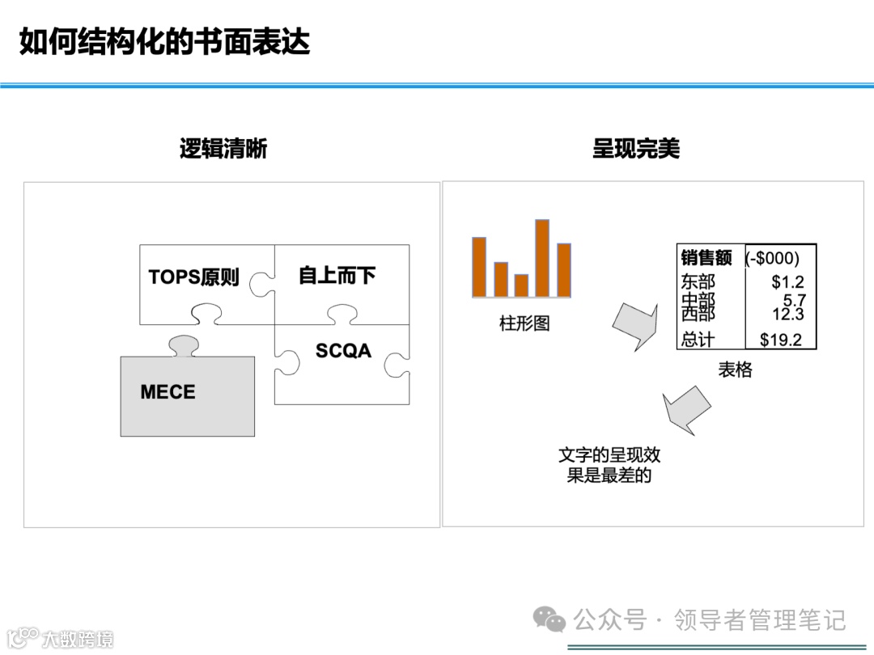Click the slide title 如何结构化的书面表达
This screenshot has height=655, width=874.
(x=164, y=42)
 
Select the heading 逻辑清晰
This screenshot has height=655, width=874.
(x=223, y=149)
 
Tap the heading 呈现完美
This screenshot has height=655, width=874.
(x=636, y=149)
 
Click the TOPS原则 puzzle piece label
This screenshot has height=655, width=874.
(x=194, y=277)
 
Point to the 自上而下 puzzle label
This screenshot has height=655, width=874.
(x=337, y=276)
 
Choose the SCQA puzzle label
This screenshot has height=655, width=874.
(x=343, y=351)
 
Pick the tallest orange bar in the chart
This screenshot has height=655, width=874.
(x=542, y=258)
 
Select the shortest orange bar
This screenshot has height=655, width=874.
(x=521, y=285)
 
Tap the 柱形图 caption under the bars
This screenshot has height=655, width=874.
(x=524, y=324)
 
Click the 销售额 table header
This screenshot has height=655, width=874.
(x=706, y=258)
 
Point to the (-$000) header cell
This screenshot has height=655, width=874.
(x=772, y=258)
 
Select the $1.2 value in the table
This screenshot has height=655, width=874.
(x=787, y=282)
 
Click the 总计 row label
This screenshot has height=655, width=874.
(x=698, y=340)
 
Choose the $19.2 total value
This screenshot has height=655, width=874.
(x=781, y=340)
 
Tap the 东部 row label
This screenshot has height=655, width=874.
(x=698, y=282)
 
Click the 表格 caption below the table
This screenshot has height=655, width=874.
(x=735, y=370)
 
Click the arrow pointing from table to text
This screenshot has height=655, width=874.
(x=686, y=409)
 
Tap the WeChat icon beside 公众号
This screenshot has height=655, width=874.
(x=549, y=620)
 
